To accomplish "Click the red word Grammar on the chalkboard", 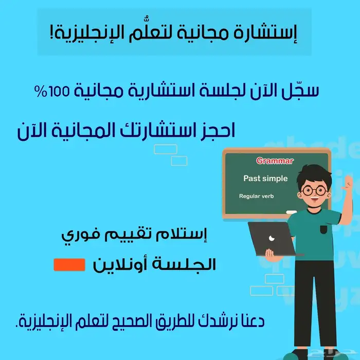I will (x=275, y=161).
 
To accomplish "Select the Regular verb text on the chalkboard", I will (x=257, y=196).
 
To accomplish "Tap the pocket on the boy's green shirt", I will (x=323, y=228).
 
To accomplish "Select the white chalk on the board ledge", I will (x=291, y=212).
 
